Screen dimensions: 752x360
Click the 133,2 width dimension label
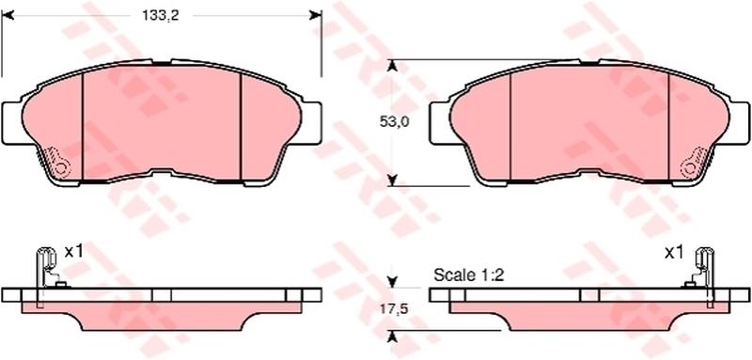pyautogui.click(x=160, y=15)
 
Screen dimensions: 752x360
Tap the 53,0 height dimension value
pyautogui.click(x=394, y=122)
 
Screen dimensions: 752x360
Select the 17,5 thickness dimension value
pyautogui.click(x=393, y=310)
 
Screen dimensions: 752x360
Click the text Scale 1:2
pyautogui.click(x=469, y=275)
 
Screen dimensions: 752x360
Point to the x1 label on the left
pyautogui.click(x=74, y=251)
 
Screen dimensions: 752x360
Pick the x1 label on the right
pyautogui.click(x=673, y=253)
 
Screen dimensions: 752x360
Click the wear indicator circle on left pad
pyautogui.click(x=61, y=168)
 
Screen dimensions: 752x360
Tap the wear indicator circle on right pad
pyautogui.click(x=690, y=168)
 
